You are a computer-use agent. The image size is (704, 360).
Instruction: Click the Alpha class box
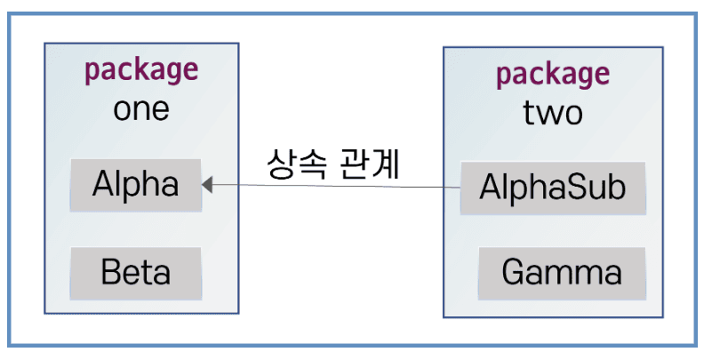pos(136,185)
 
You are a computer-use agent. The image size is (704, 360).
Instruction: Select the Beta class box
pos(136,270)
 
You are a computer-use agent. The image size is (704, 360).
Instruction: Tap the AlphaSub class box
pos(552,188)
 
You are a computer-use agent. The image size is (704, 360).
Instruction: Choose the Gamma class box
pos(561,270)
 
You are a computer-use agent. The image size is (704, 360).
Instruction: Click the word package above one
pos(141,70)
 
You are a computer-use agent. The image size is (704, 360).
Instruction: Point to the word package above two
pos(553,75)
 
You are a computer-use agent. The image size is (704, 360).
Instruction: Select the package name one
pos(141,108)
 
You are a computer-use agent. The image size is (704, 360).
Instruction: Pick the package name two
pos(553,113)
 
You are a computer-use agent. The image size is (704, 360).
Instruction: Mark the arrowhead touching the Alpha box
pos(207,185)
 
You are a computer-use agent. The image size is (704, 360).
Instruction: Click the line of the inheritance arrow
pos(338,186)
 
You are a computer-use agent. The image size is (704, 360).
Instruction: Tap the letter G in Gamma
pos(514,270)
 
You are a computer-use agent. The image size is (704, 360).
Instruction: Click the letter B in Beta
pos(110,270)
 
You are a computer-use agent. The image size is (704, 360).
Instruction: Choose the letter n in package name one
pos(140,109)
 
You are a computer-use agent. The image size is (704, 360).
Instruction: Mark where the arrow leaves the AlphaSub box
pos(460,188)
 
